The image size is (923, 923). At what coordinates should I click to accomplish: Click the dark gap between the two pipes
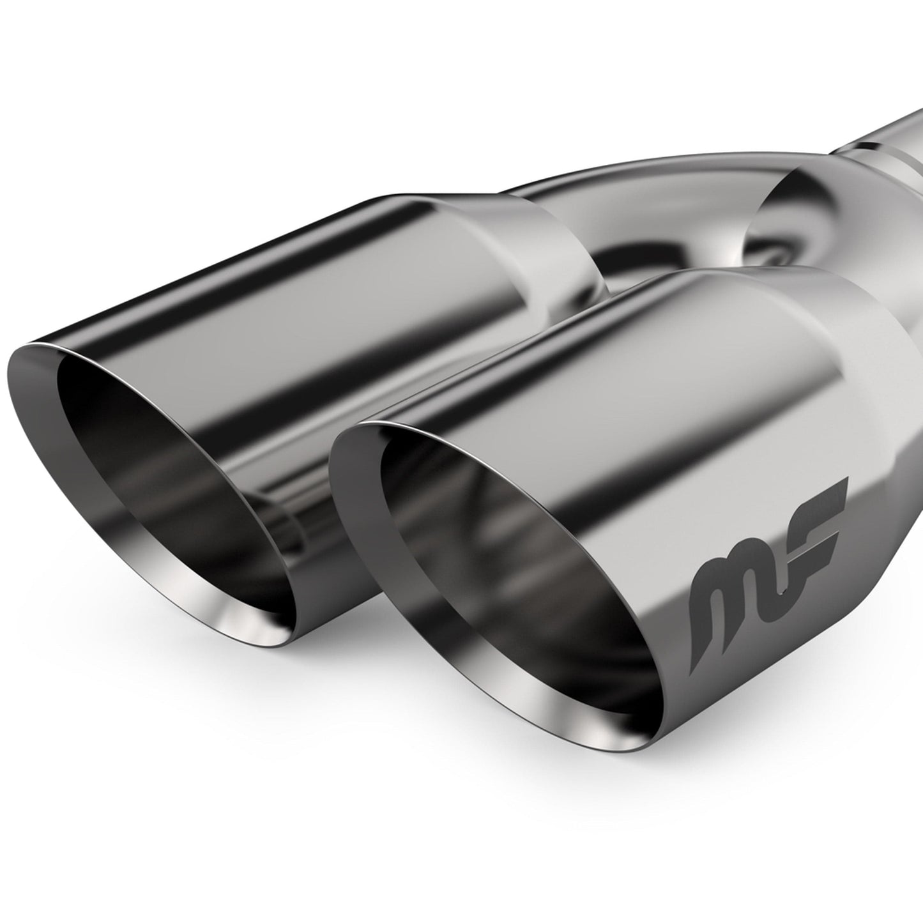point(632,268)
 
